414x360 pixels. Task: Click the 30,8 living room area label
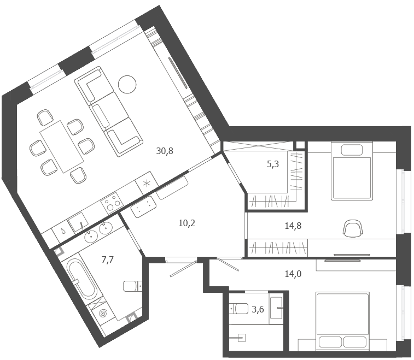165,151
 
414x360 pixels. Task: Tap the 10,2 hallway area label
186,223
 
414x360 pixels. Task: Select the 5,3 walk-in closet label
273,164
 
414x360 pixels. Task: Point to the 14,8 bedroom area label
293,226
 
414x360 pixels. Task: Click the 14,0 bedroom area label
293,274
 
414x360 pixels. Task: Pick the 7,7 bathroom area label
107,260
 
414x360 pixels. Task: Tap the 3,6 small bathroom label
258,309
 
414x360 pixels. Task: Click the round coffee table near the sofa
127,84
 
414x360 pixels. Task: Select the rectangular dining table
62,146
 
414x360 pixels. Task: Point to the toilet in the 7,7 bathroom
133,286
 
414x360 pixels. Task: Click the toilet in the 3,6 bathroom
238,309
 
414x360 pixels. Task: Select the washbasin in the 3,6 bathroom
276,308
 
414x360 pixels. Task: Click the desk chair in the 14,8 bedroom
353,228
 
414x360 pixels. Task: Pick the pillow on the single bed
352,150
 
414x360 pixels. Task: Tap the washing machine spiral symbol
103,313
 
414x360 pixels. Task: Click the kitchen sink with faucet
79,223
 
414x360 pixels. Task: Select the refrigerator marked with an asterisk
147,183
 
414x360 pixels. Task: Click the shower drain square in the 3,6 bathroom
242,338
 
